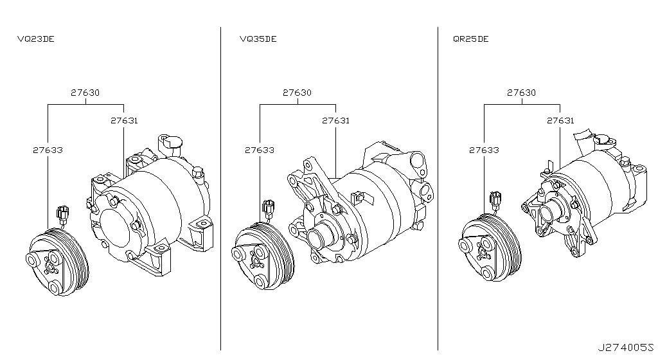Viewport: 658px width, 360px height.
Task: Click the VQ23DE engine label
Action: pyautogui.click(x=35, y=39)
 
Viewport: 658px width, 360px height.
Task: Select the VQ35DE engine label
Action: pyautogui.click(x=258, y=39)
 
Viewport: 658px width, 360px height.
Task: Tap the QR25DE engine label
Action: pyautogui.click(x=470, y=39)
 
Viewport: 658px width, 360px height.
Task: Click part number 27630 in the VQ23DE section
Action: pyautogui.click(x=85, y=93)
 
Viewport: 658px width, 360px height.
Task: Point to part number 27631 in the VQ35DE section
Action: pyautogui.click(x=336, y=120)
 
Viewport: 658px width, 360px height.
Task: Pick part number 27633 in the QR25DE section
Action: pyautogui.click(x=484, y=150)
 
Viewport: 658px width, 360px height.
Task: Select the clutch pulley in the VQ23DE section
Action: pyautogui.click(x=56, y=262)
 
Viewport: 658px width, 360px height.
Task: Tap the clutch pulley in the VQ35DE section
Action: pyautogui.click(x=263, y=254)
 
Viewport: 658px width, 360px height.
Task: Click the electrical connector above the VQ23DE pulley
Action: pyautogui.click(x=62, y=213)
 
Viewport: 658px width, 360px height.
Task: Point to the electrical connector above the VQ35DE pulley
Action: pyautogui.click(x=269, y=208)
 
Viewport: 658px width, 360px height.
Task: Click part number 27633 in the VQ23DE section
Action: pyautogui.click(x=48, y=150)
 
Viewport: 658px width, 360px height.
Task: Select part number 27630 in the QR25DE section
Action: pyautogui.click(x=521, y=93)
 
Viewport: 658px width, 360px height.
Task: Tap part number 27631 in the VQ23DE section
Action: pyautogui.click(x=123, y=120)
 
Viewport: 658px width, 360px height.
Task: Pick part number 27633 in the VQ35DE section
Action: pyautogui.click(x=260, y=150)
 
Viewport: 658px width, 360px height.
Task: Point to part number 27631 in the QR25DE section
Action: pyautogui.click(x=560, y=120)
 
